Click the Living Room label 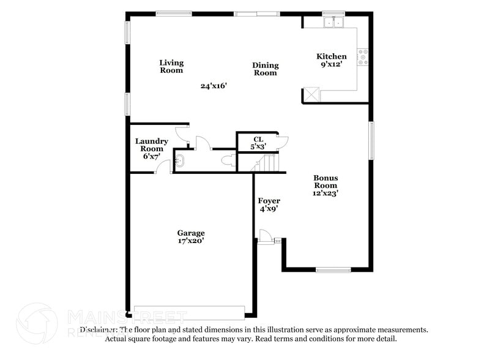(171, 66)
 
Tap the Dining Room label (266, 69)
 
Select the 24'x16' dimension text (214, 86)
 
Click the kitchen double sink (334, 23)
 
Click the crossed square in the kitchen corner (312, 94)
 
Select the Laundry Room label (151, 148)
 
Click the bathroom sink (180, 162)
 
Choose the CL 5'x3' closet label (258, 143)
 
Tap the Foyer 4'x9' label (269, 204)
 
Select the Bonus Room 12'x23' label (326, 185)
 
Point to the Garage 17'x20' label (191, 237)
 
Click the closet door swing (281, 142)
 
